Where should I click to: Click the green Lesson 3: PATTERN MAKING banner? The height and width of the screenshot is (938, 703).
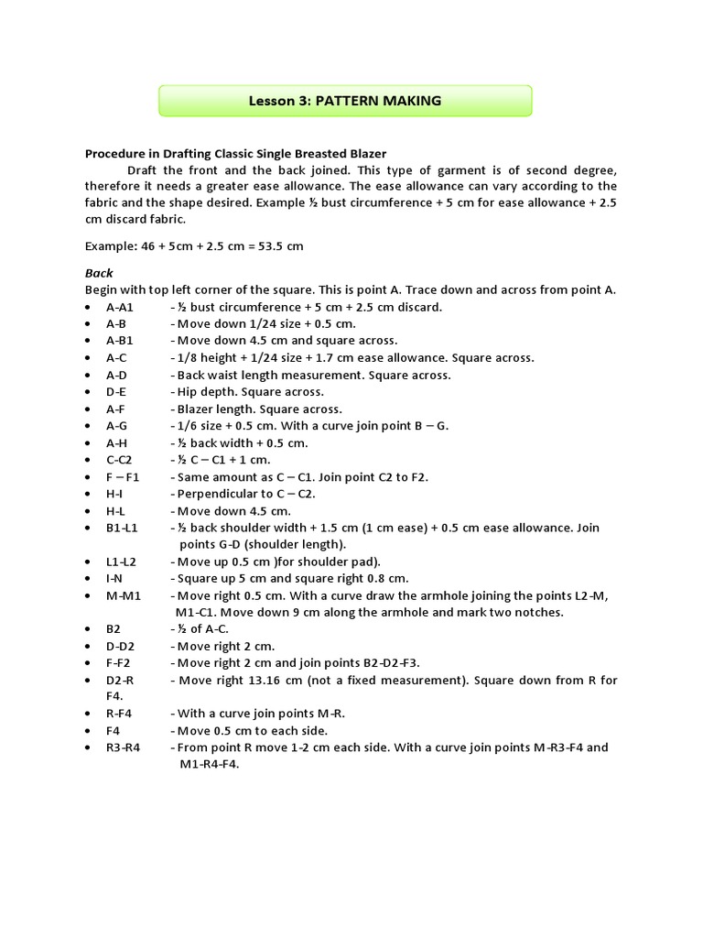(345, 101)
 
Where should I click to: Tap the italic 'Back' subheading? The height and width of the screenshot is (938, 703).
(99, 273)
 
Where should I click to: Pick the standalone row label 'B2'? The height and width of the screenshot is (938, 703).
(114, 628)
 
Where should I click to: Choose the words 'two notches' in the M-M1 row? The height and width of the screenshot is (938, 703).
(529, 612)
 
